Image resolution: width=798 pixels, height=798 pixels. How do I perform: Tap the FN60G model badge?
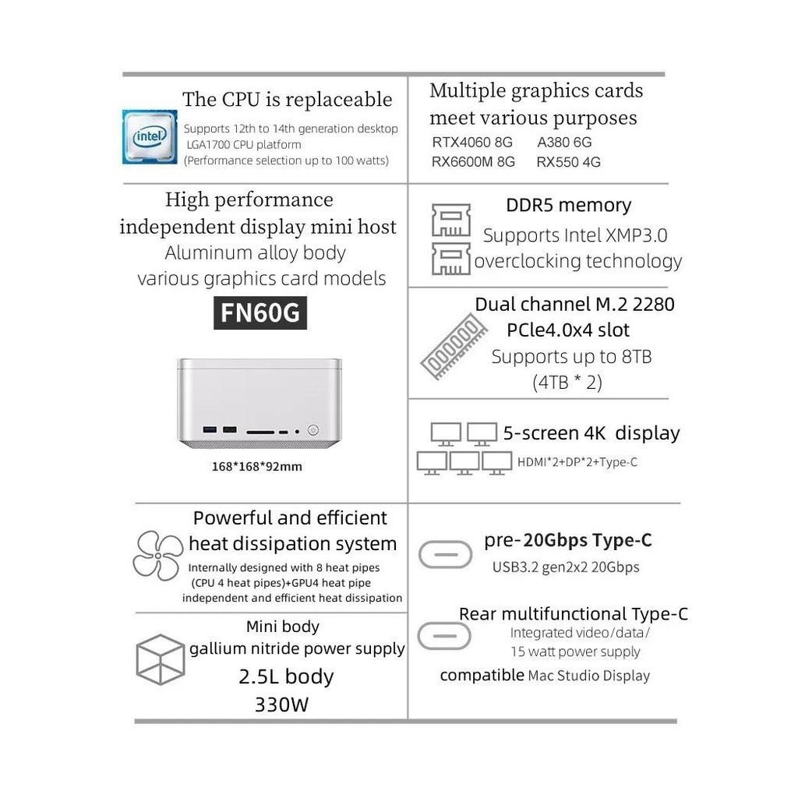click(260, 313)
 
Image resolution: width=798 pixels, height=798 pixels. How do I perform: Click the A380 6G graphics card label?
click(564, 142)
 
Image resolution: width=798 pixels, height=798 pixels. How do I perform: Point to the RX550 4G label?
click(568, 162)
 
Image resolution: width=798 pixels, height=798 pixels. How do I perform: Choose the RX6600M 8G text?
click(473, 162)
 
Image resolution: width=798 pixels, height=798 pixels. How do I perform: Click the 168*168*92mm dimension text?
click(256, 467)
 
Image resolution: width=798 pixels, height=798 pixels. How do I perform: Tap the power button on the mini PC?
click(313, 429)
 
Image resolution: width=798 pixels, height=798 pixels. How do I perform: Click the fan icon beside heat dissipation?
click(157, 556)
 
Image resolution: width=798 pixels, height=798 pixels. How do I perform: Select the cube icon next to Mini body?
click(160, 659)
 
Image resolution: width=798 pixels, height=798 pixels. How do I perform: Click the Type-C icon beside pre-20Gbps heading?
click(445, 553)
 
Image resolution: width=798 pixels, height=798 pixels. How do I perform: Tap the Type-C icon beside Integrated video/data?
click(444, 635)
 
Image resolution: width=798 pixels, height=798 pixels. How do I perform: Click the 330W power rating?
click(281, 705)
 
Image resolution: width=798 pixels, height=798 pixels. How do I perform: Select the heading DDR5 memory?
click(568, 206)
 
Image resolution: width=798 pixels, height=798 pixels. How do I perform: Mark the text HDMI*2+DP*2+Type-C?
click(577, 462)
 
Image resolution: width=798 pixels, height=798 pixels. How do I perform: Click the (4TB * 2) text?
click(567, 383)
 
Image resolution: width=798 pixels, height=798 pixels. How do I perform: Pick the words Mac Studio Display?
click(588, 676)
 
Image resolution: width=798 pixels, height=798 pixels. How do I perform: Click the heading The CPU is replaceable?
click(287, 100)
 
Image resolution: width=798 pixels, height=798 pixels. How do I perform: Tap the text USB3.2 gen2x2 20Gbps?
click(565, 567)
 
